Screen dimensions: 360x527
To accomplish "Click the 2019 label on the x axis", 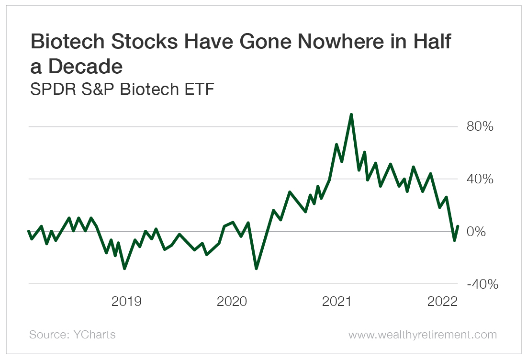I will click(x=126, y=302).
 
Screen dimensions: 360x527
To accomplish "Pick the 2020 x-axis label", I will click(x=232, y=302).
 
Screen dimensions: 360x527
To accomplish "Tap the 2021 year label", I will click(x=337, y=302).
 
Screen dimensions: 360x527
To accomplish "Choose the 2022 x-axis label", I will click(x=443, y=302).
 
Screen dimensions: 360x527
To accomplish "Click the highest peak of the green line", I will click(x=351, y=114).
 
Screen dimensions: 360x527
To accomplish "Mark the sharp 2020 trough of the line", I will click(x=256, y=269).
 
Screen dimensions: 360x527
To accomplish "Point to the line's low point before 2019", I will click(x=124, y=269).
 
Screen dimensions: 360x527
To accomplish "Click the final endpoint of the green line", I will click(x=458, y=226).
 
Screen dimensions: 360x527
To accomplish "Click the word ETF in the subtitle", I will click(x=198, y=89).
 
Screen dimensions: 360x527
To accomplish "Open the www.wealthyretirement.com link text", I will click(x=422, y=335).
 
